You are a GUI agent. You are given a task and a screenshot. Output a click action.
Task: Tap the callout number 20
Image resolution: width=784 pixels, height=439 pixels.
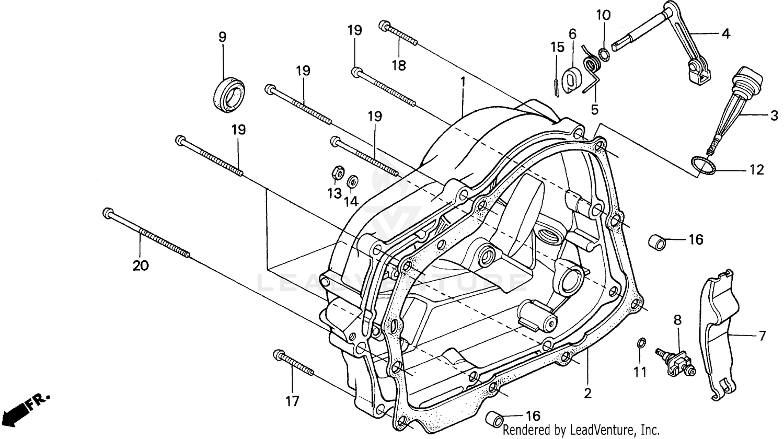(140, 265)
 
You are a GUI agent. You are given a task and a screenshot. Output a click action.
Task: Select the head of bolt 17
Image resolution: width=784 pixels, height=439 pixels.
(278, 355)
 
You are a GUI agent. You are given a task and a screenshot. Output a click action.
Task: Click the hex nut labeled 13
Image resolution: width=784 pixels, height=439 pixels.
(337, 172)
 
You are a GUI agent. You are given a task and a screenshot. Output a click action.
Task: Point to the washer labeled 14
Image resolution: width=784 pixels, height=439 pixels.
(353, 181)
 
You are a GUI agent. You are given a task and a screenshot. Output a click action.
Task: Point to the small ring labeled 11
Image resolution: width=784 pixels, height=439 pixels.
(641, 343)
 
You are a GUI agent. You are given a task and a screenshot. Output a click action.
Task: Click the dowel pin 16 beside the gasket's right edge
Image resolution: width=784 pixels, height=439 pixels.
(658, 242)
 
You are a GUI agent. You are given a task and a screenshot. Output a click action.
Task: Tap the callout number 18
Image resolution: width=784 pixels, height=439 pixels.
(399, 65)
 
